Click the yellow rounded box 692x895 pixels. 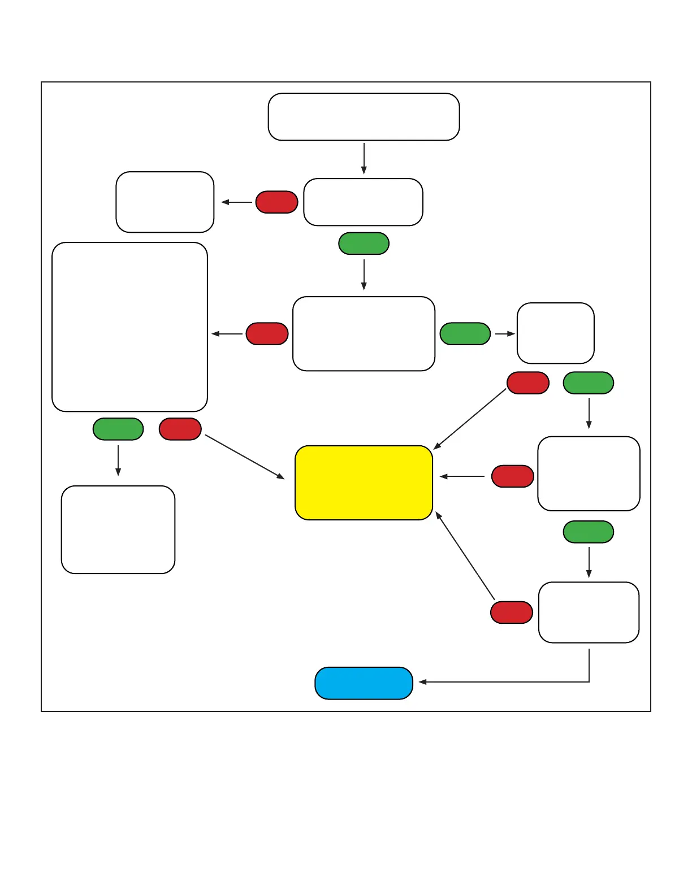(x=364, y=483)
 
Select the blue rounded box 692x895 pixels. (x=364, y=683)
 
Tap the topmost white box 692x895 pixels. (x=364, y=117)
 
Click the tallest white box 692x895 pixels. (x=129, y=327)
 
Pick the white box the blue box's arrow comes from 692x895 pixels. (x=589, y=612)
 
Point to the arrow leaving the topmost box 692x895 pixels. (x=364, y=158)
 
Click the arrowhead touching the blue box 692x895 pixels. (x=422, y=682)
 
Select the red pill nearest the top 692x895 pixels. (x=276, y=202)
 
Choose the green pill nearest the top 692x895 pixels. (x=364, y=244)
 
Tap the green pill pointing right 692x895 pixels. (x=465, y=334)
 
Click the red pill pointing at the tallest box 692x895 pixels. (x=267, y=334)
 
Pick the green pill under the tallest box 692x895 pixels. (x=118, y=429)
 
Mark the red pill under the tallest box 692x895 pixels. (x=180, y=429)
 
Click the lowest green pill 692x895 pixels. (x=589, y=532)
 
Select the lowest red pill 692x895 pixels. (x=512, y=612)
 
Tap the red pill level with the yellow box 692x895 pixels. (x=513, y=476)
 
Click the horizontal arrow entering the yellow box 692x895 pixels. (x=462, y=476)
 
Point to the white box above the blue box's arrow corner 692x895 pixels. (x=589, y=612)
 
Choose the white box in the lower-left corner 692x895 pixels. (x=118, y=529)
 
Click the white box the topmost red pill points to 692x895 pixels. (x=165, y=202)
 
